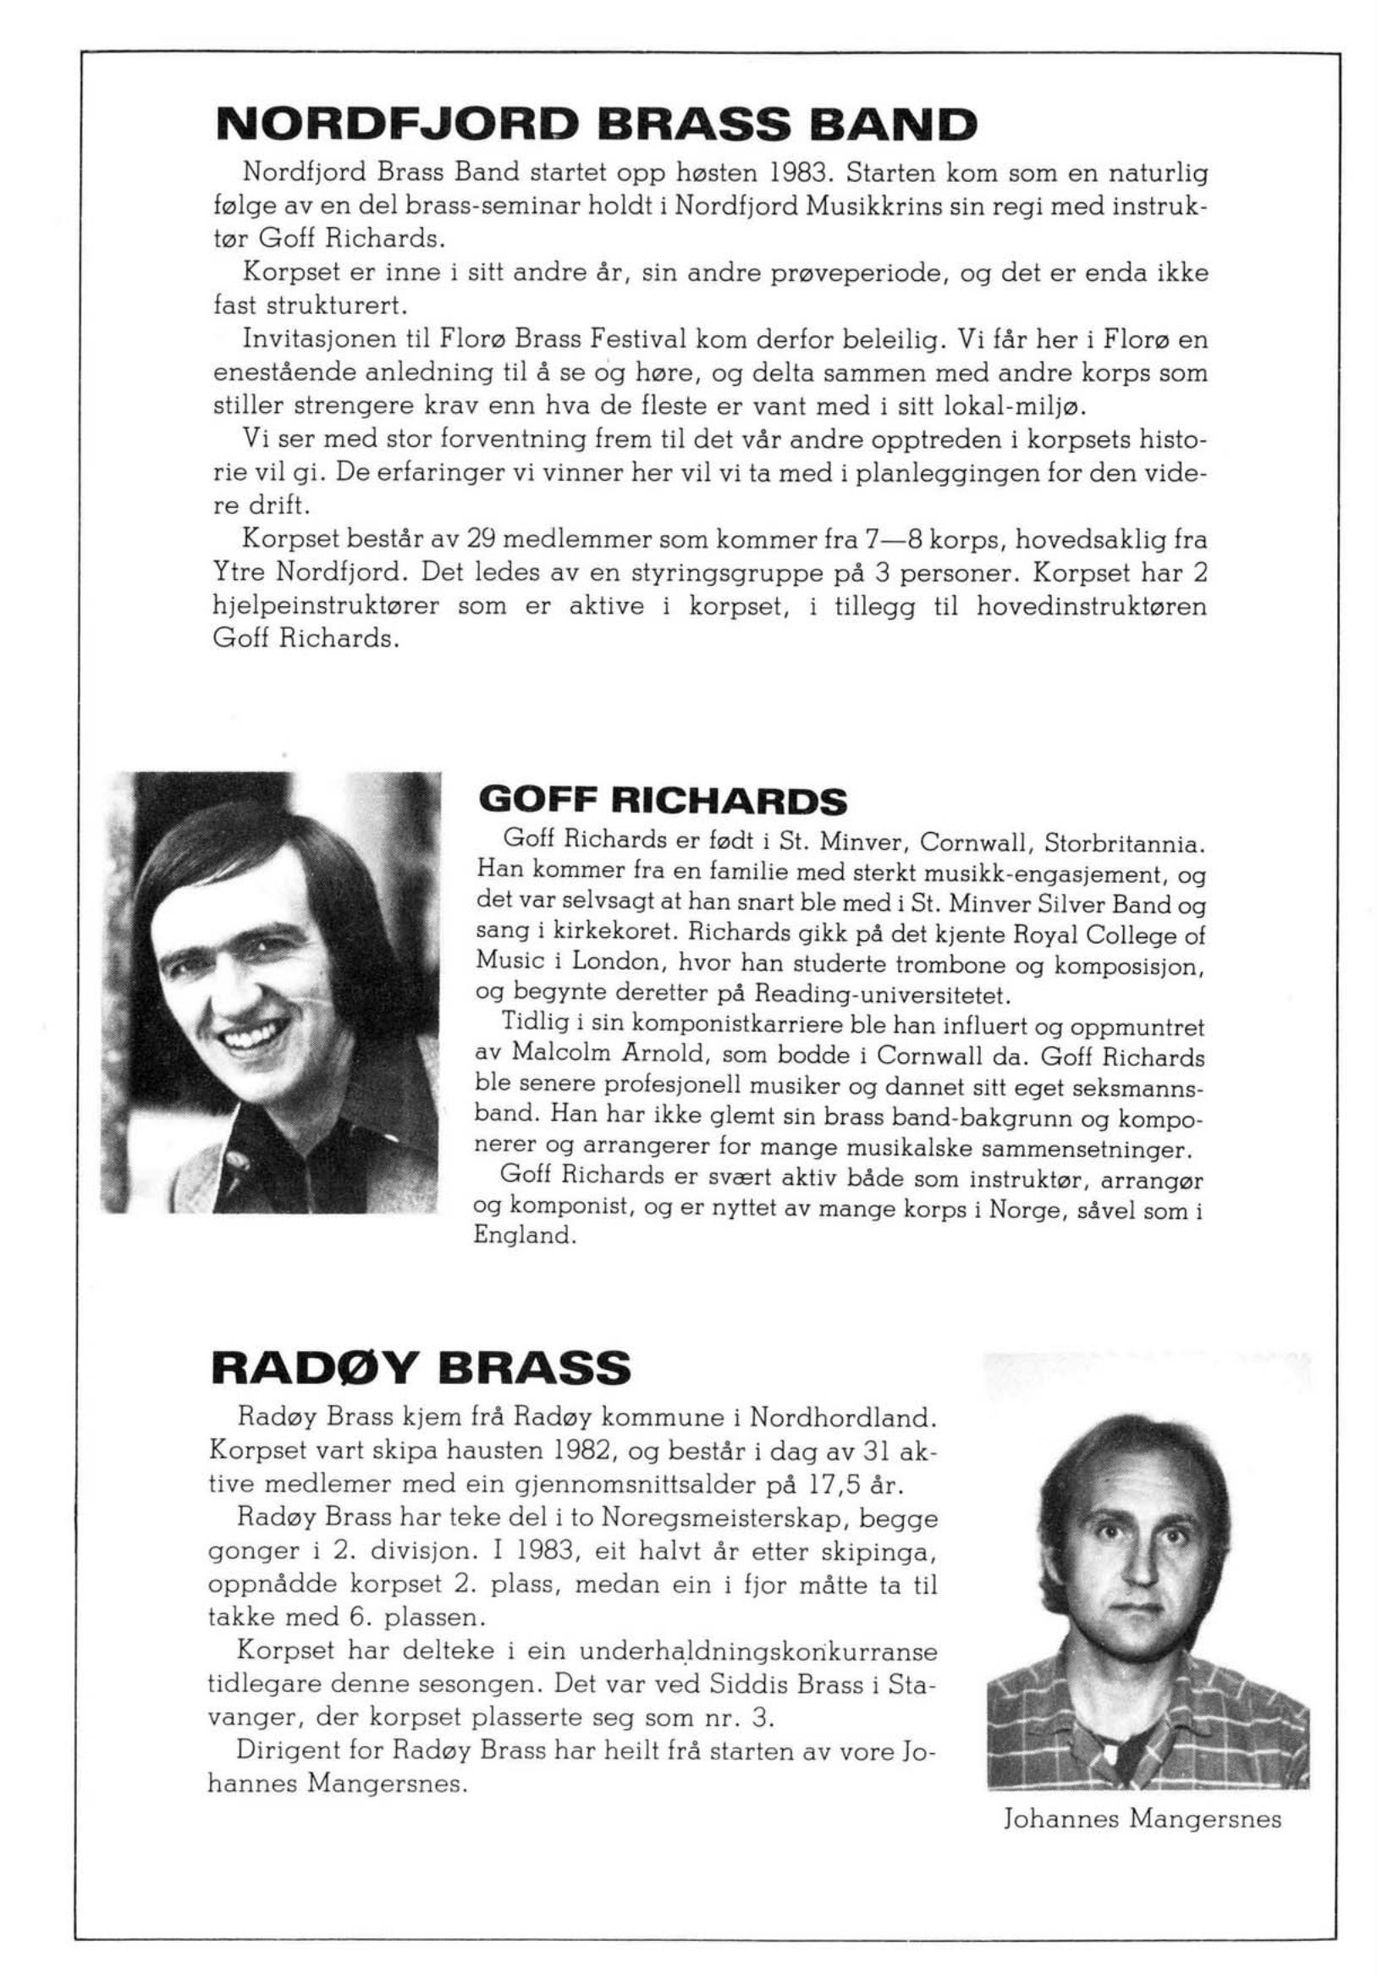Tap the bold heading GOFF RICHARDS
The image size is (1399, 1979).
point(662,802)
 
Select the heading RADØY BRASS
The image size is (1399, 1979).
point(420,1368)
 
